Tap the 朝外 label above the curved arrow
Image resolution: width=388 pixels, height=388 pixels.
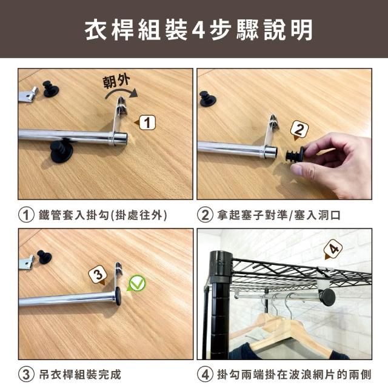pos(116,81)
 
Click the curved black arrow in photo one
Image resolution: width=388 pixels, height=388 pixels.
pos(121,93)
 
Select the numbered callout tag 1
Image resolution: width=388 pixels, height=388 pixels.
pos(145,122)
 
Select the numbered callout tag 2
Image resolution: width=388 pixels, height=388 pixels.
pos(299,130)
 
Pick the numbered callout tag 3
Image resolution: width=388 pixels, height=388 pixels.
pos(98,275)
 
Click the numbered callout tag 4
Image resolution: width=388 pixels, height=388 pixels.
pos(333,249)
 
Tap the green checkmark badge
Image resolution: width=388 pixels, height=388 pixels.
pos(136,283)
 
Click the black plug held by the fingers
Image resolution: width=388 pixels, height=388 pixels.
pos(295,155)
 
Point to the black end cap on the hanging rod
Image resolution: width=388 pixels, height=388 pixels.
pos(327,297)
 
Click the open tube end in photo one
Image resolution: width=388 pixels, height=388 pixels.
pos(121,139)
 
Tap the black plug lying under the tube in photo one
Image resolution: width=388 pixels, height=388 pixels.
pos(61,152)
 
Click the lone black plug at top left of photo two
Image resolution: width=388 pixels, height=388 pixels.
pos(208,99)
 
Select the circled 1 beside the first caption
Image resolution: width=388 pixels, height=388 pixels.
pos(26,215)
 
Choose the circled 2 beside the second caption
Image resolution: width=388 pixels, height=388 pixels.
pos(205,215)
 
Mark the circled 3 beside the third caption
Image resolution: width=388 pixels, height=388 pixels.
pos(26,375)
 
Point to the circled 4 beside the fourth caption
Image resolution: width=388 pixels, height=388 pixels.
pos(205,375)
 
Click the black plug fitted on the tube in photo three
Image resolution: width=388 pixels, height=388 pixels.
pos(118,296)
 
